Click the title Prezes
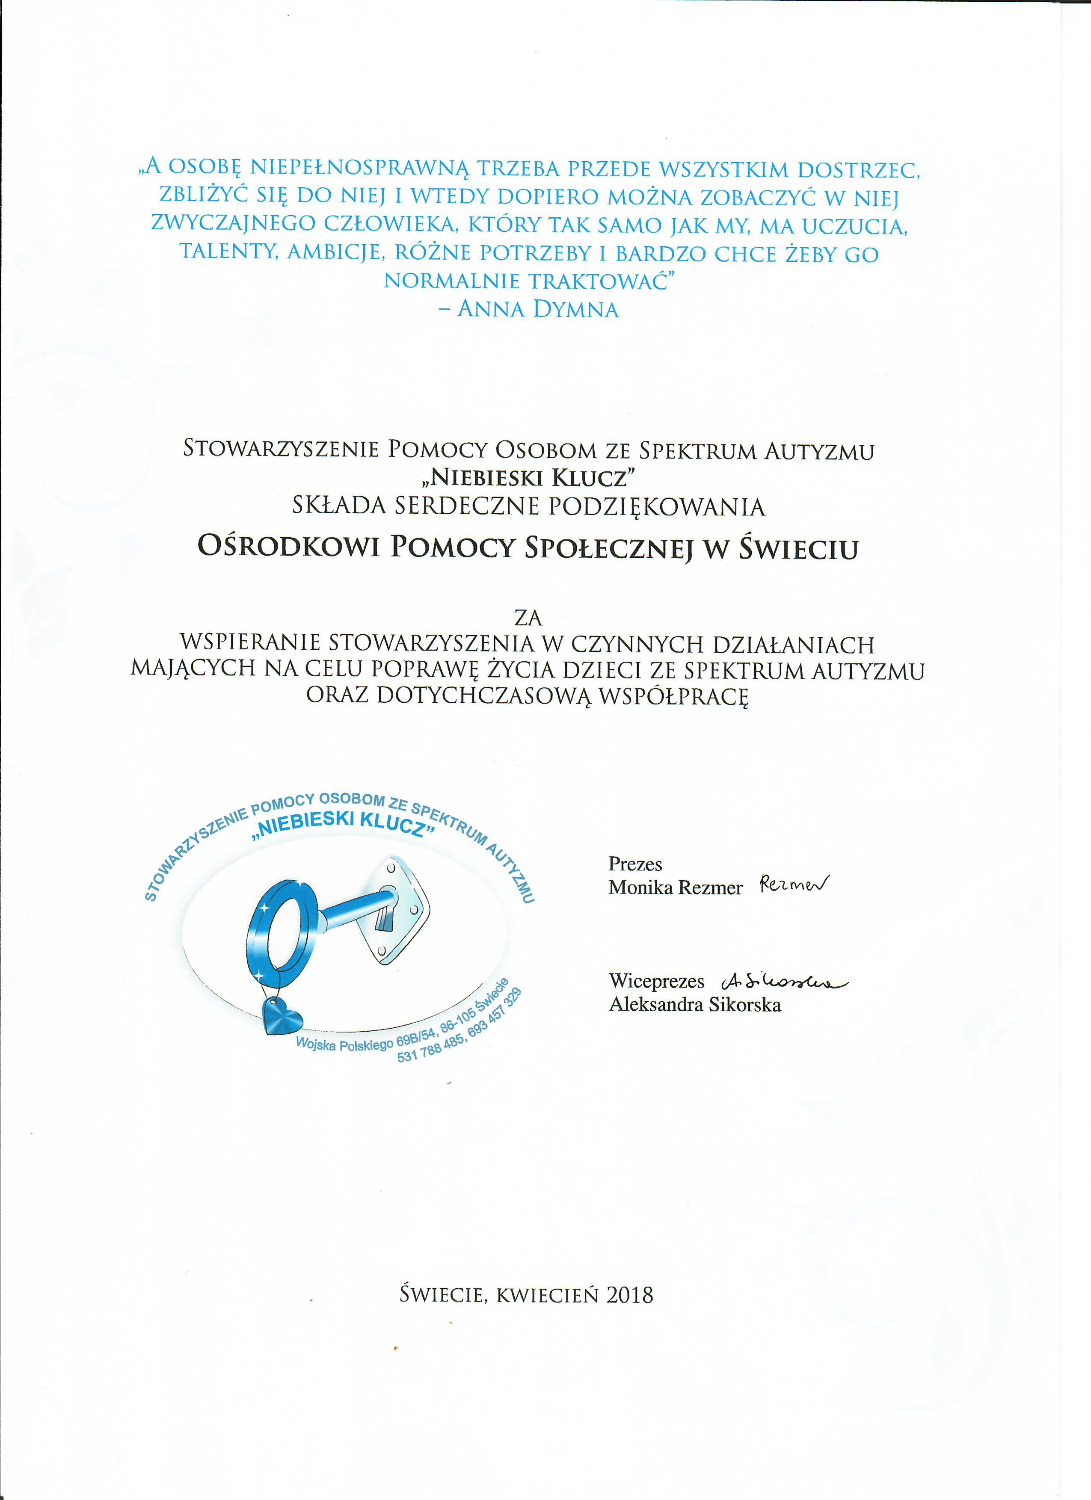[635, 864]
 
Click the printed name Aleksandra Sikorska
[695, 1005]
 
